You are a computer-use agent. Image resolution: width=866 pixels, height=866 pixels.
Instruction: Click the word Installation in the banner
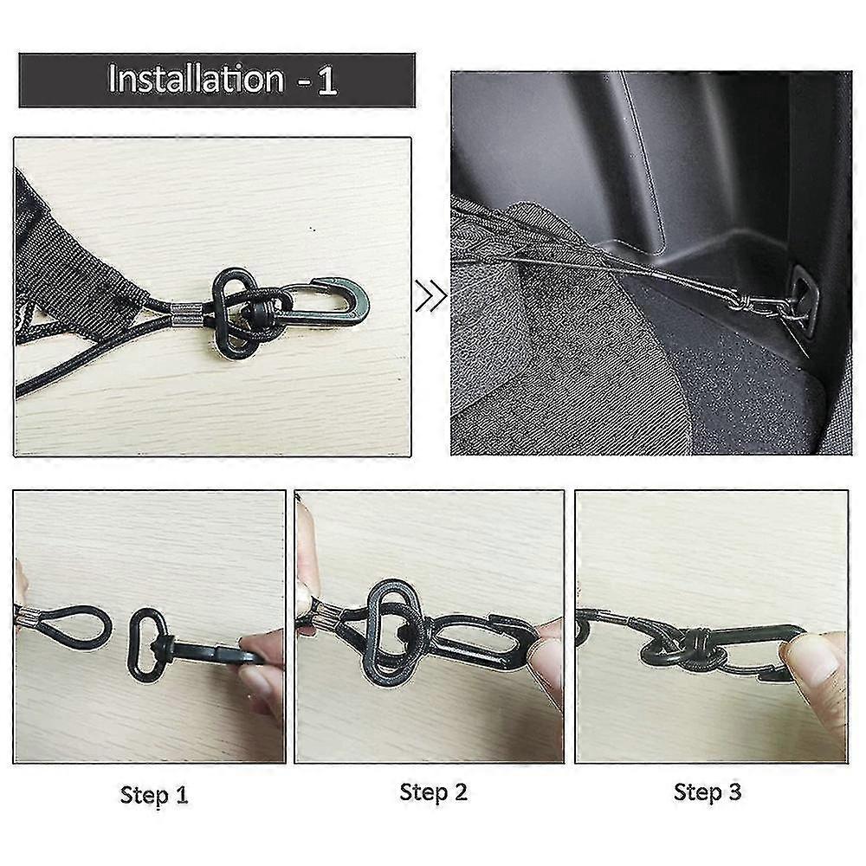(196, 79)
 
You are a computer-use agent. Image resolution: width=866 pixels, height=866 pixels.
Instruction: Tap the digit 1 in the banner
(327, 81)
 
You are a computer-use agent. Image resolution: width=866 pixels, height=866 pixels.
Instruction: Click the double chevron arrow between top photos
(431, 295)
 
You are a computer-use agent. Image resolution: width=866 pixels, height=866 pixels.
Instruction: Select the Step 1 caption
(154, 795)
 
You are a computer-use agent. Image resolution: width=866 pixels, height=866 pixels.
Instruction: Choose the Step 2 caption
(434, 792)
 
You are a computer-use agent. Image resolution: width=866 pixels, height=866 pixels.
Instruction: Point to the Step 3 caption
(708, 792)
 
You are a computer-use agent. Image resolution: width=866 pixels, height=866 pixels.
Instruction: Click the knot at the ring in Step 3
(700, 645)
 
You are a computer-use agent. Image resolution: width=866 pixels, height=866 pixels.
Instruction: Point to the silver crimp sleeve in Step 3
(602, 617)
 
